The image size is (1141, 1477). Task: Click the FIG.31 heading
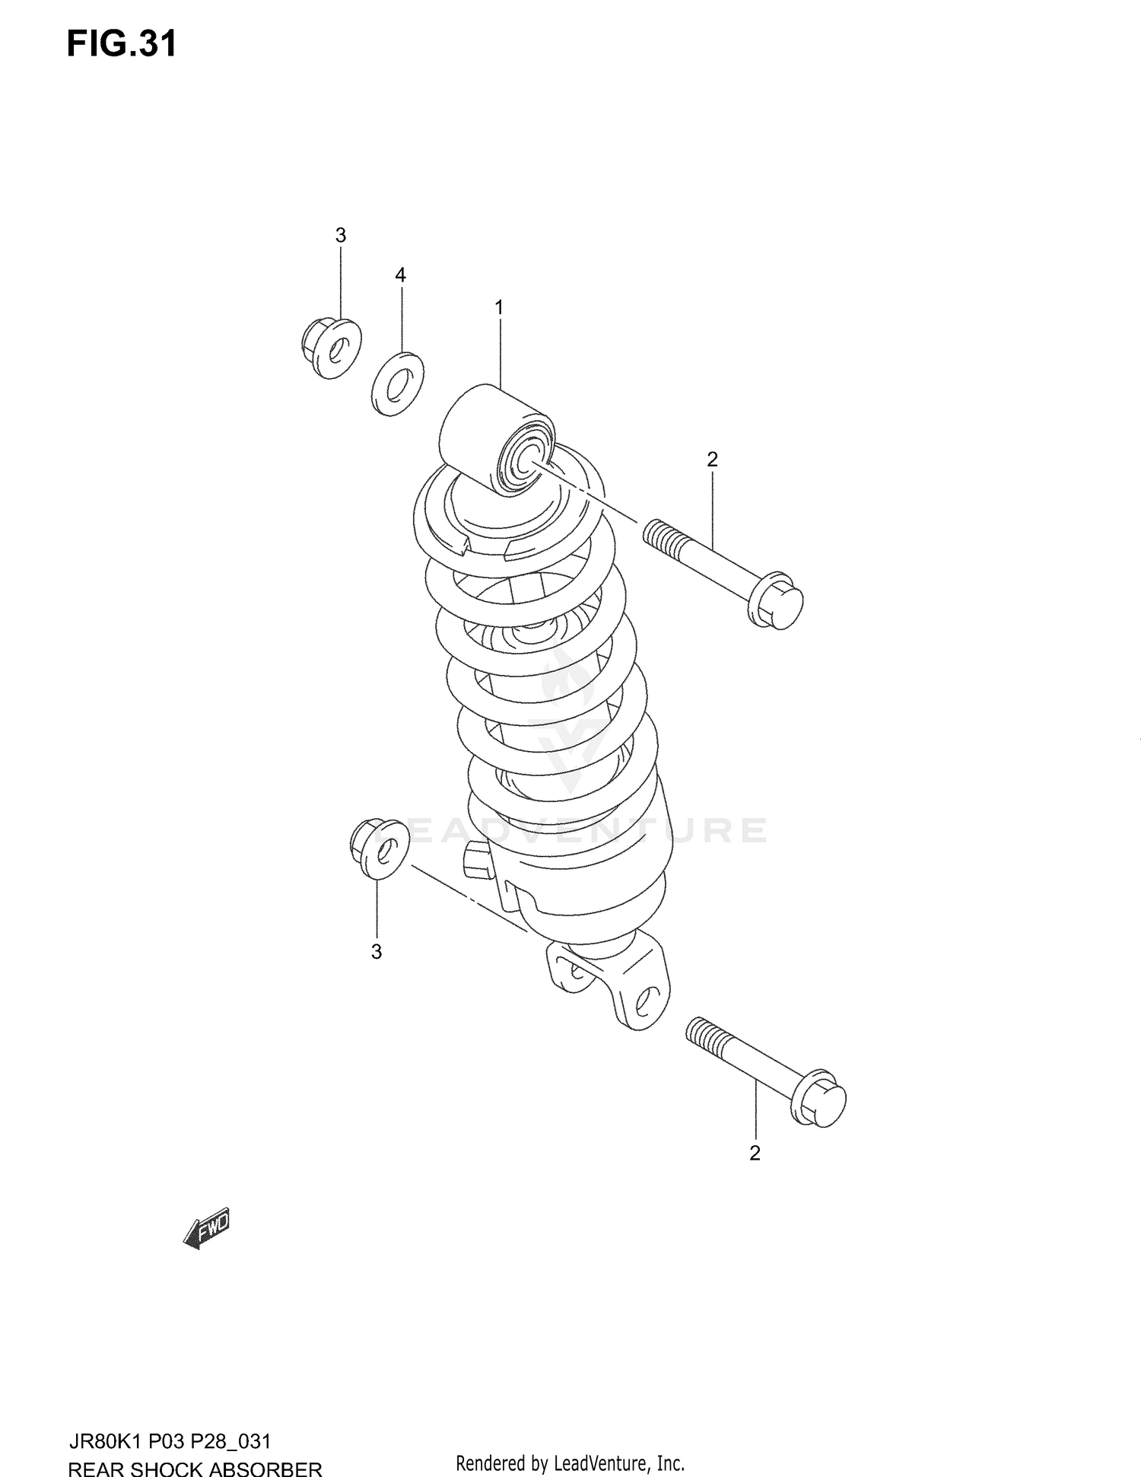[x=122, y=44]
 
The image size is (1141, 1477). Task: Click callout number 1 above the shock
[x=499, y=307]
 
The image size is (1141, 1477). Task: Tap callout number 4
[x=400, y=275]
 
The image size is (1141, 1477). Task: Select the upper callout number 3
[x=340, y=236]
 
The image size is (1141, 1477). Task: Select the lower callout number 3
[x=376, y=952]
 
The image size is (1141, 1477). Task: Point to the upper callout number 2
[x=712, y=459]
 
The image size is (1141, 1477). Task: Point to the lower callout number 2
[x=755, y=1153]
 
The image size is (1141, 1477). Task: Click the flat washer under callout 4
[x=398, y=384]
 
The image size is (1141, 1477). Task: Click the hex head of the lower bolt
[x=819, y=1098]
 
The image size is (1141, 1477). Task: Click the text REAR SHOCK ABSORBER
[x=195, y=1467]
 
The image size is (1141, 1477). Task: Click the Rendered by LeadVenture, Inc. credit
[x=570, y=1463]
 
